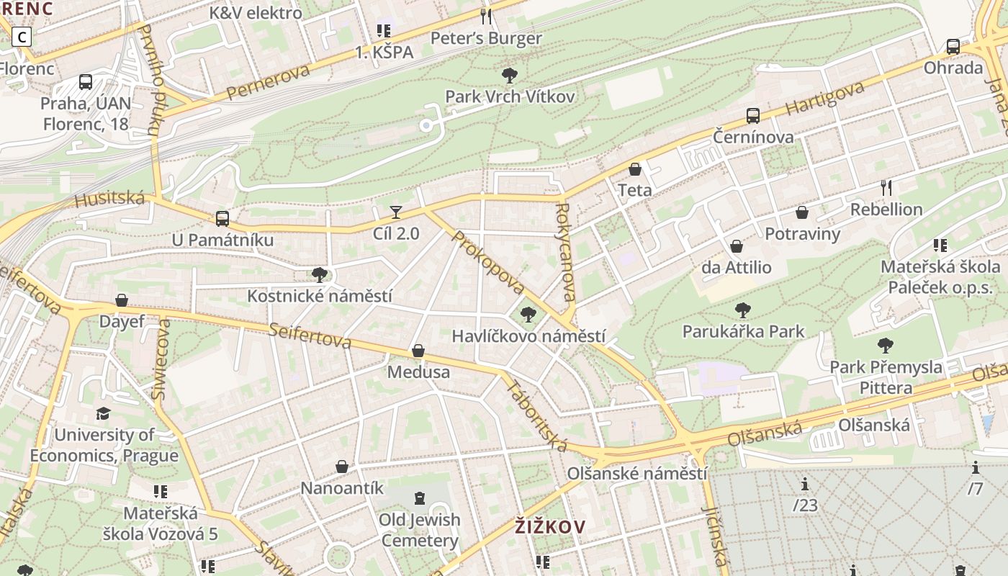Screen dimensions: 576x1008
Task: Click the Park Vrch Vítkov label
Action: pyautogui.click(x=510, y=96)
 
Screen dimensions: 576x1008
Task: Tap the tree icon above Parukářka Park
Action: pyautogui.click(x=743, y=310)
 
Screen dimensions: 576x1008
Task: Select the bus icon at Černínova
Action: pyautogui.click(x=753, y=115)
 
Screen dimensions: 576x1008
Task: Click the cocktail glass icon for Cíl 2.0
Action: pyautogui.click(x=396, y=212)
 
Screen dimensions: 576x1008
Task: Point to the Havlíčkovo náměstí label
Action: pyautogui.click(x=528, y=336)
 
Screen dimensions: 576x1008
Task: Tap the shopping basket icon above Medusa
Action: pyautogui.click(x=418, y=351)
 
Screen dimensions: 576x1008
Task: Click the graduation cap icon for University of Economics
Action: pyautogui.click(x=104, y=413)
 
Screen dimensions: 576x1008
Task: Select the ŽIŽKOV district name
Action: pyautogui.click(x=550, y=527)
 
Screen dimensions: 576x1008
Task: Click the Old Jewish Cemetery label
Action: pyautogui.click(x=420, y=530)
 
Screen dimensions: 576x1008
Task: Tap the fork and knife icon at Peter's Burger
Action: pyautogui.click(x=486, y=16)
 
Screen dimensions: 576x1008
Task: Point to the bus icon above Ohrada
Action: pyautogui.click(x=953, y=47)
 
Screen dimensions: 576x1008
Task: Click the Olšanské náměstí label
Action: pyautogui.click(x=637, y=474)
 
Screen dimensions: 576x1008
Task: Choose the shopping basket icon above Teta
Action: pyautogui.click(x=635, y=169)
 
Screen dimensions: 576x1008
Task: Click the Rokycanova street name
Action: pyautogui.click(x=566, y=252)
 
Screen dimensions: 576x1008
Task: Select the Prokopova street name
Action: pyautogui.click(x=488, y=263)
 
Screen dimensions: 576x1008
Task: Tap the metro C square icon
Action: pyautogui.click(x=22, y=36)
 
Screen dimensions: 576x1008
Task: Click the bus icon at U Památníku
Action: pyautogui.click(x=222, y=218)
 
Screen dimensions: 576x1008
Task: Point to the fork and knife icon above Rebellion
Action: pyautogui.click(x=886, y=188)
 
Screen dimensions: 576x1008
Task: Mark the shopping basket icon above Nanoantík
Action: pyautogui.click(x=342, y=467)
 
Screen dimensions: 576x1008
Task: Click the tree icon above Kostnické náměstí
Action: pyautogui.click(x=320, y=274)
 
